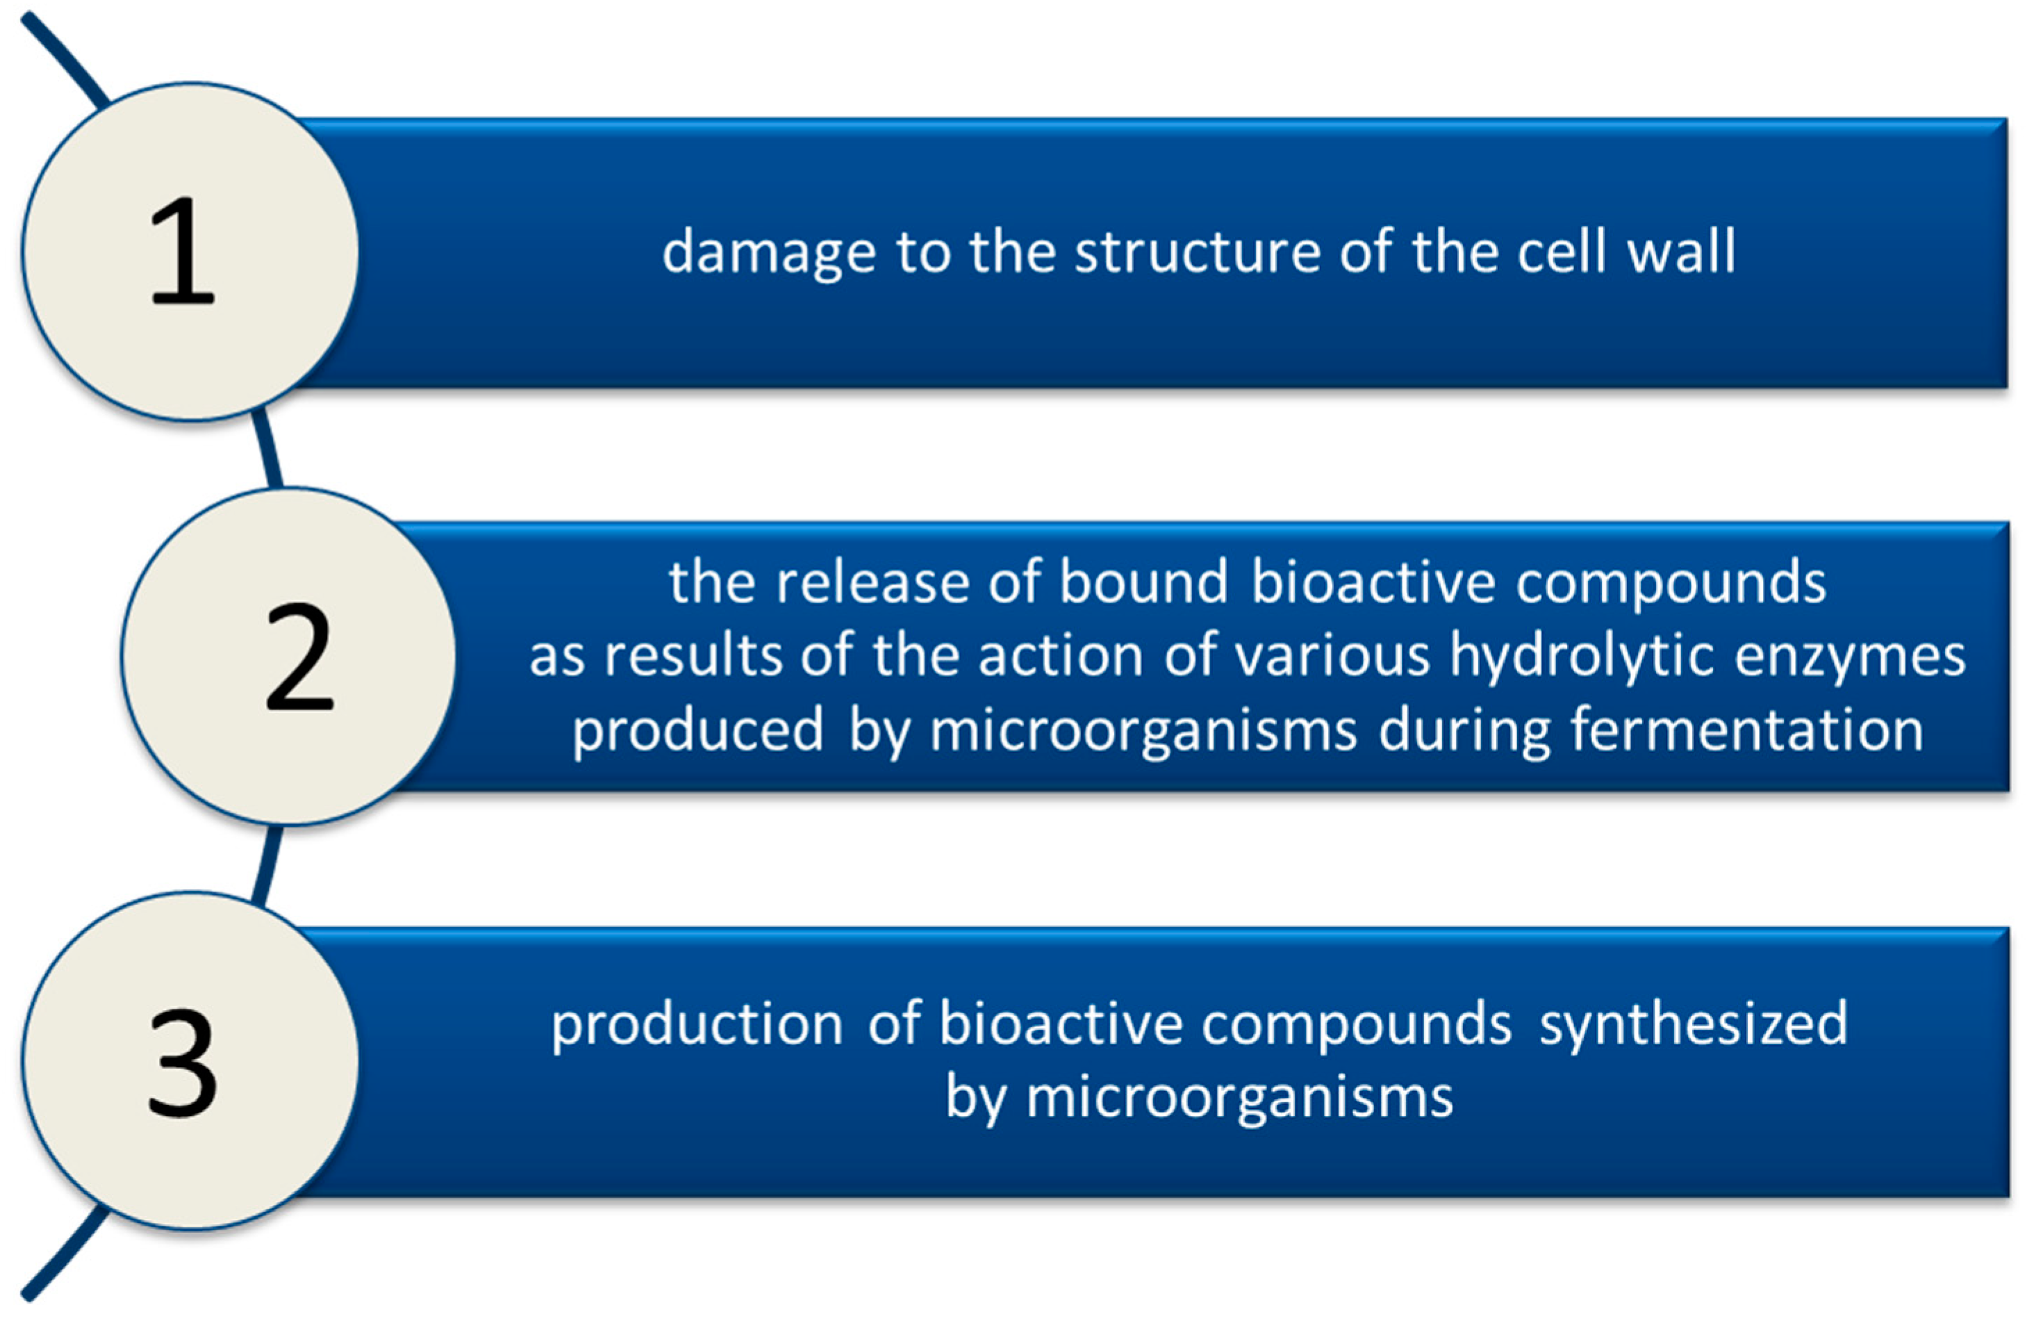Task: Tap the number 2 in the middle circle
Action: tap(299, 655)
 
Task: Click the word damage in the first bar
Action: tap(768, 253)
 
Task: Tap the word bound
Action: tap(1143, 582)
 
